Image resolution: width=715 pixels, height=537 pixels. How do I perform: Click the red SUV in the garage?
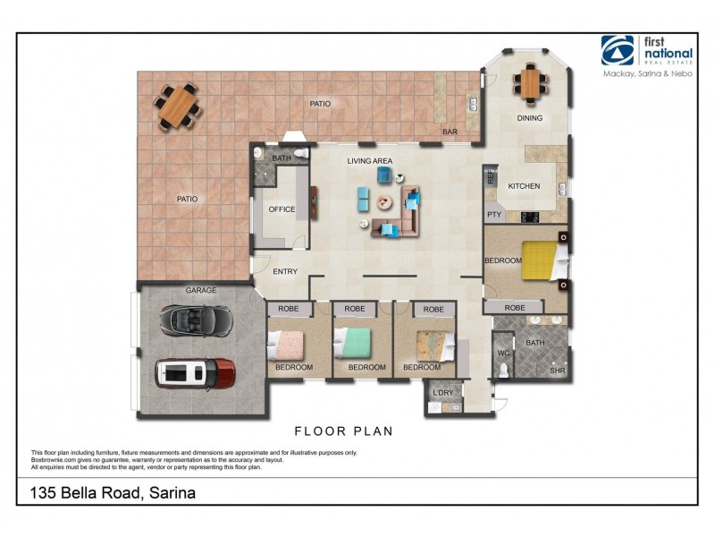point(195,373)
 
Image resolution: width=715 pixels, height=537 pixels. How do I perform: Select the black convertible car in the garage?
point(195,319)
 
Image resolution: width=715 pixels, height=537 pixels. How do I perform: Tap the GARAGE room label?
point(201,291)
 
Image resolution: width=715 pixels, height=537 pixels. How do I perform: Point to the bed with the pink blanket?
point(287,345)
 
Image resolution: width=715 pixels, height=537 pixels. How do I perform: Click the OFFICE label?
point(282,209)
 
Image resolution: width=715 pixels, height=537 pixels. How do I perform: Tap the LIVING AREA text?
point(371,161)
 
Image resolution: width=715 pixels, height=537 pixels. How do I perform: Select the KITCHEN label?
point(525,186)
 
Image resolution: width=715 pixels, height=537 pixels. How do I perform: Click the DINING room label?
point(530,118)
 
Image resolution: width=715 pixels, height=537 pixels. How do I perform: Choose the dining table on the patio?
point(178,105)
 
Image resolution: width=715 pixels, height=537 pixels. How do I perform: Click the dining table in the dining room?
point(530,83)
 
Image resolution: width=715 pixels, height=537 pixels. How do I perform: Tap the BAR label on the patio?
point(450,132)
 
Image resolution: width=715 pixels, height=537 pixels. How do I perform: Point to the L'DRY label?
point(442,393)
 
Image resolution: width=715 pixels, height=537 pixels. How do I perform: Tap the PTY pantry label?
point(493,215)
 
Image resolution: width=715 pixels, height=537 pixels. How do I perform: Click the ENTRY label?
point(285,272)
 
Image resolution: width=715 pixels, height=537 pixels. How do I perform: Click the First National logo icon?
point(618,51)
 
